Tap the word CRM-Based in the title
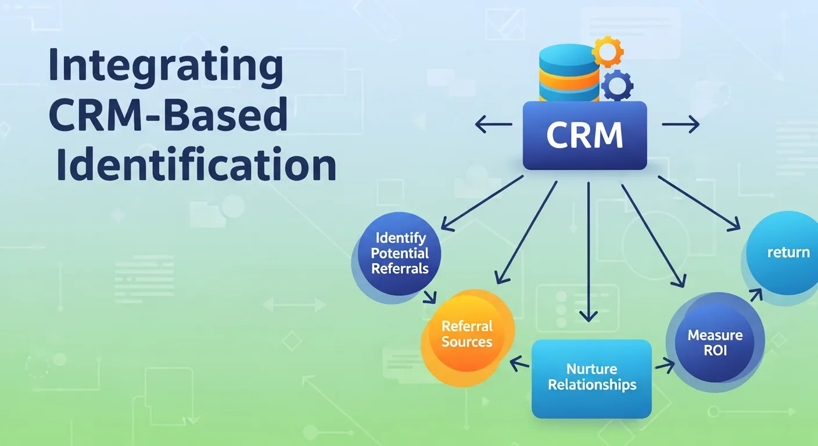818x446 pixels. pos(168,116)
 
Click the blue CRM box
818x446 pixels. pos(584,136)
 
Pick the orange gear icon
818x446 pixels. pos(607,52)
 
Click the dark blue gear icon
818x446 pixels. pos(617,86)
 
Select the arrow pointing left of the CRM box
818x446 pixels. pos(493,124)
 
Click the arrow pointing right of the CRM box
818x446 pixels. pos(680,124)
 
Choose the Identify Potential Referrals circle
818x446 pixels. pos(400,253)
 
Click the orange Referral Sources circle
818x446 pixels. pos(467,334)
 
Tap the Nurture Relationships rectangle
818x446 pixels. pos(592,377)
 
